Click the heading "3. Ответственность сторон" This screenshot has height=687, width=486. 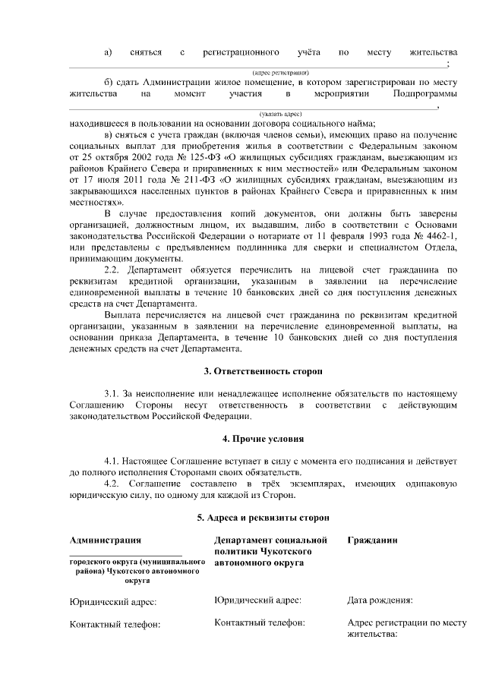263,372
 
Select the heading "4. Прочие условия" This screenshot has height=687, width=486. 263,440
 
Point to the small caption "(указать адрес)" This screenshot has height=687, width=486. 263,113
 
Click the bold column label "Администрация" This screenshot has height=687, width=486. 105,540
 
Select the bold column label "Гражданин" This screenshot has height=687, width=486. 372,540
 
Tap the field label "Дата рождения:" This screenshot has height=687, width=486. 380,600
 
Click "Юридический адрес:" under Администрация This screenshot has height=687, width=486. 113,602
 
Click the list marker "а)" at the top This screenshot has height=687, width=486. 109,52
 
